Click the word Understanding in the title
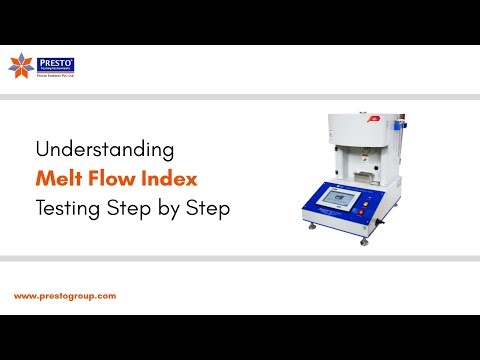[105, 150]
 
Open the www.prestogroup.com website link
[65, 296]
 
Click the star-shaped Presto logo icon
[20, 67]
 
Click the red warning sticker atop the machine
[373, 118]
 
